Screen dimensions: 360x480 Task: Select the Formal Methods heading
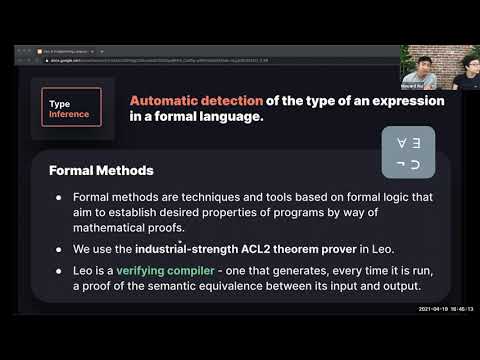click(x=101, y=170)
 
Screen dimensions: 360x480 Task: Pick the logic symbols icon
click(x=409, y=153)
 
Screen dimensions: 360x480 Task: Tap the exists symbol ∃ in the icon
click(x=418, y=143)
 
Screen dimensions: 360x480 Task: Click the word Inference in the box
click(x=69, y=115)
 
